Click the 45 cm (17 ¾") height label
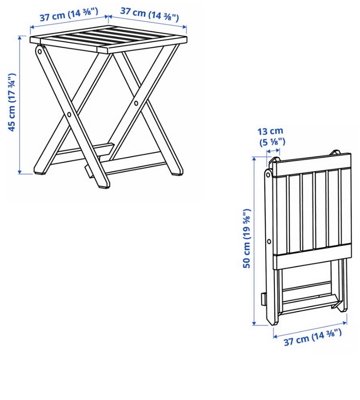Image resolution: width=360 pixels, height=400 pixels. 12,102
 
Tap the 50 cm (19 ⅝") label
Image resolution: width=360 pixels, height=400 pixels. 247,238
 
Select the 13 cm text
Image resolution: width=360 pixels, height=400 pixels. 270,131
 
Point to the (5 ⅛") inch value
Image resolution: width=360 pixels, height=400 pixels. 272,142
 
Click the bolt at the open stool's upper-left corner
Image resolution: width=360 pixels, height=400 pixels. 40,52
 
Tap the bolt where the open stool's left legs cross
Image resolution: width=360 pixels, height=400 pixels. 69,115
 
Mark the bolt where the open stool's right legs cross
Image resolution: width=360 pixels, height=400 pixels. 136,103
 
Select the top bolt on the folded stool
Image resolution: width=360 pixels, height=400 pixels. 268,175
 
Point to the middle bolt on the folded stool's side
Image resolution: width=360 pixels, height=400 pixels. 269,241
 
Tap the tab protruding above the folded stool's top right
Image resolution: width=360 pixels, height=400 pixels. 336,152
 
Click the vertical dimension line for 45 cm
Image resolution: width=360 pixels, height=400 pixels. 20,105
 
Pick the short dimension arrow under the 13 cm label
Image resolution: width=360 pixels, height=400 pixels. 273,152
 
